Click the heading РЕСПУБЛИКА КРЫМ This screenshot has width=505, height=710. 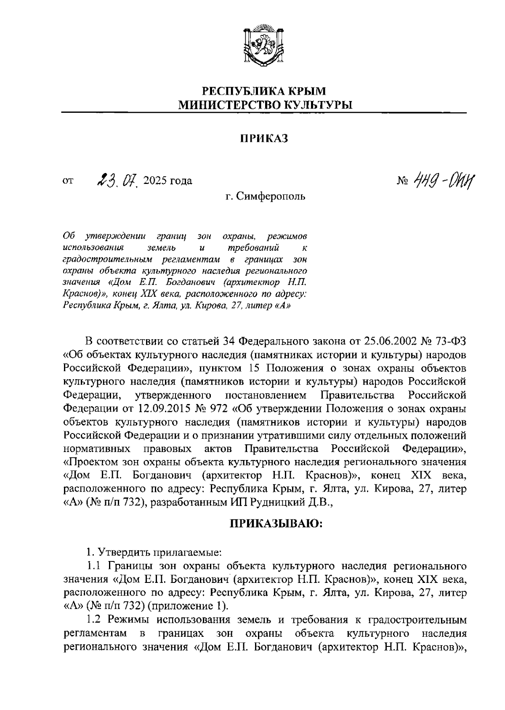(x=264, y=90)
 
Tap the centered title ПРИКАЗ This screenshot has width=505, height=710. (x=264, y=138)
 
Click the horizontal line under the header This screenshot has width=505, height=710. (x=264, y=113)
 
